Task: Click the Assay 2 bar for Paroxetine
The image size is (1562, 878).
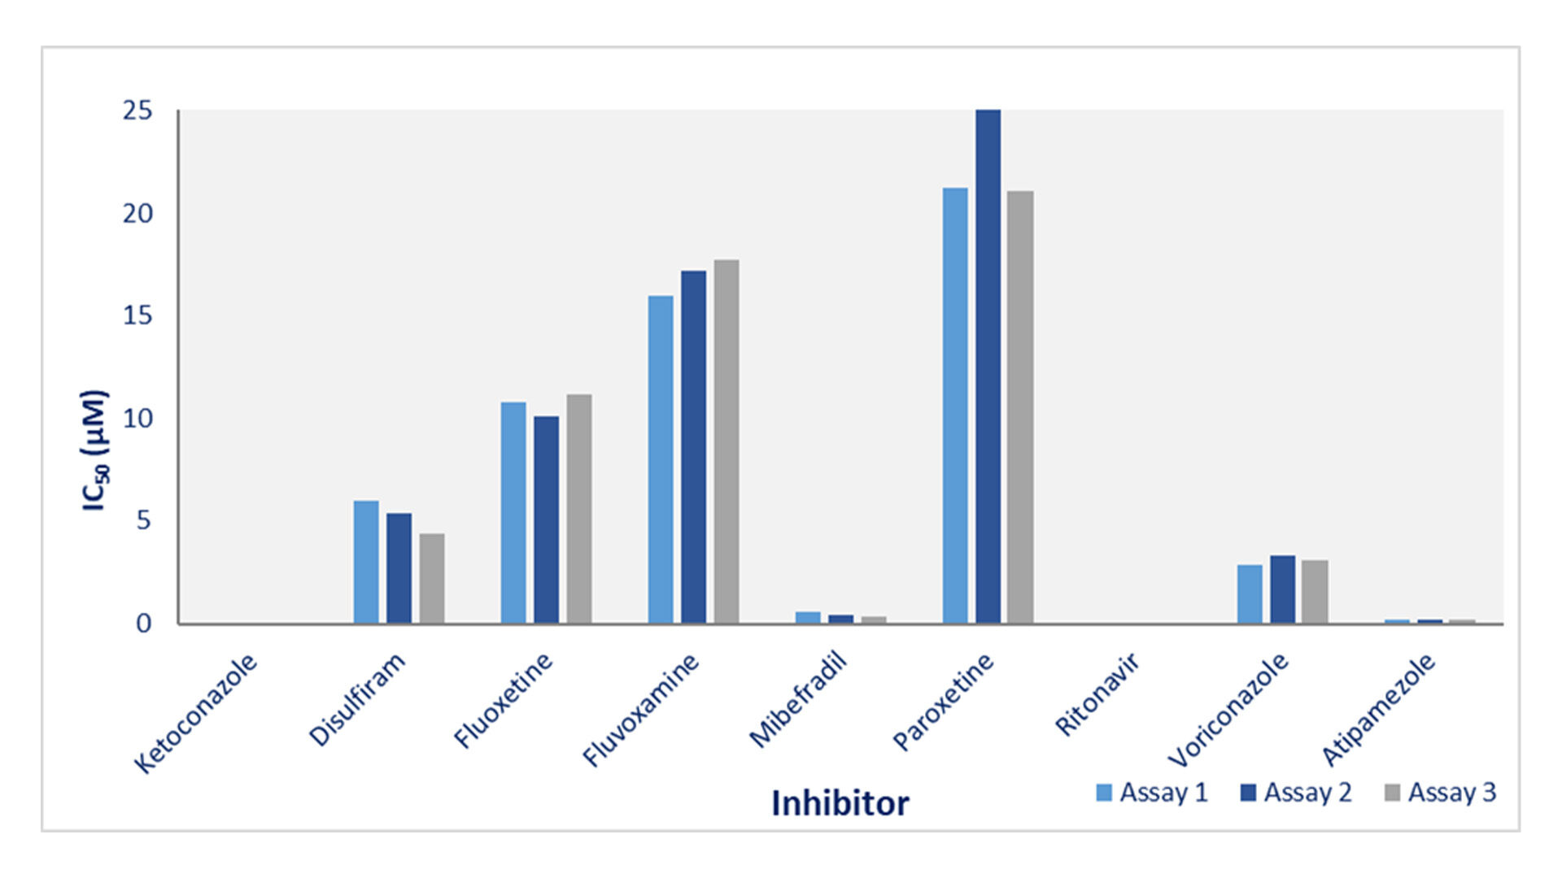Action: coord(988,366)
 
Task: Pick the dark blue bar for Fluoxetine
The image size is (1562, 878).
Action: coord(546,519)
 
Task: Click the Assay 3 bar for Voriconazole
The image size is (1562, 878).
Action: coord(1315,592)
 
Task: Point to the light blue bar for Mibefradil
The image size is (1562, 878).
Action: coord(808,618)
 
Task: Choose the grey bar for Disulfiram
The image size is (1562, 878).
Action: coord(432,578)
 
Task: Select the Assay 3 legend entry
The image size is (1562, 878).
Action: coord(1440,793)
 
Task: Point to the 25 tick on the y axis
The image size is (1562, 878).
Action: coord(137,111)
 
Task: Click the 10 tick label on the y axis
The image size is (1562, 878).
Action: coord(137,419)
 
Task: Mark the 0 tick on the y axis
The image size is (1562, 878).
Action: coord(144,624)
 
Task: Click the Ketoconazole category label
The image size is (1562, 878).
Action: coord(195,713)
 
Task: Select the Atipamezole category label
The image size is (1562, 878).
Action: coord(1377,710)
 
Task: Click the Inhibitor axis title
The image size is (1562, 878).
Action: coord(840,803)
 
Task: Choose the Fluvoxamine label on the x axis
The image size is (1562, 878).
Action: coord(640,710)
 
